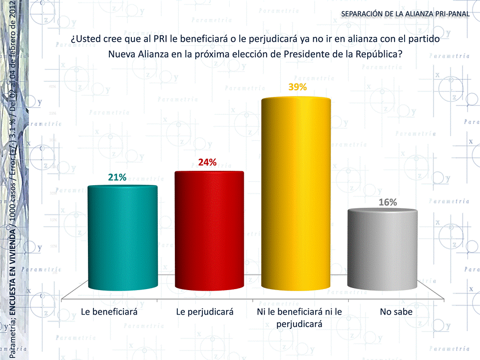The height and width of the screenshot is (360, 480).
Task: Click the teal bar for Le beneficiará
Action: pyautogui.click(x=122, y=237)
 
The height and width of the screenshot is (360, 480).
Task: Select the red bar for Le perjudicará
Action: pyautogui.click(x=209, y=230)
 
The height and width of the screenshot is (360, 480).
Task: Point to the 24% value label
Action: pyautogui.click(x=207, y=162)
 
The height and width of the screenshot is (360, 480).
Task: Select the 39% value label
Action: pyautogui.click(x=297, y=87)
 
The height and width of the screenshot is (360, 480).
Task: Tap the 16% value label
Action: pyautogui.click(x=387, y=202)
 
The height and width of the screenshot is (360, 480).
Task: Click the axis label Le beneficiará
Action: pyautogui.click(x=109, y=313)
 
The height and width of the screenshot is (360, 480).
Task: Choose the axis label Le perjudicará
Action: pyautogui.click(x=205, y=313)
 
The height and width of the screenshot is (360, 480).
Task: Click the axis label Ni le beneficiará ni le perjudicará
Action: pyautogui.click(x=299, y=318)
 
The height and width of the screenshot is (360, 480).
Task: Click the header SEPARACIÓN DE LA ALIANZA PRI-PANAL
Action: pyautogui.click(x=405, y=13)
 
